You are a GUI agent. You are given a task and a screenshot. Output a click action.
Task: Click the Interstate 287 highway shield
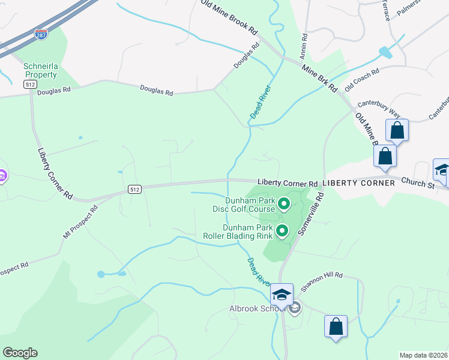[x=41, y=35]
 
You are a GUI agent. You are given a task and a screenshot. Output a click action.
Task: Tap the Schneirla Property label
[x=41, y=70]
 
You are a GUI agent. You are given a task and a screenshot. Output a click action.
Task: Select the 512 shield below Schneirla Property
[x=30, y=85]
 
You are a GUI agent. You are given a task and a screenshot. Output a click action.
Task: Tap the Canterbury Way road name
[x=387, y=111]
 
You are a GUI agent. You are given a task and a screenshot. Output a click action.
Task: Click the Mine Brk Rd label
[x=319, y=78]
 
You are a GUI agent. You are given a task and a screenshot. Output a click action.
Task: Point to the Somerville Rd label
[x=311, y=214]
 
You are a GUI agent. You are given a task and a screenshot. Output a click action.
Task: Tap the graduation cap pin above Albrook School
[x=281, y=295]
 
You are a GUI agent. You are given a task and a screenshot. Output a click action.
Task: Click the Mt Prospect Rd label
[x=80, y=223]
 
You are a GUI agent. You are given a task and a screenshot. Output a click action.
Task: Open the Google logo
[x=20, y=353]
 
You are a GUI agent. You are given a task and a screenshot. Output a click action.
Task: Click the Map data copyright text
[x=424, y=355]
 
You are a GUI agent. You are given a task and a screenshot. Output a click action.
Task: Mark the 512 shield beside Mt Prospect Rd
[x=135, y=189]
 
